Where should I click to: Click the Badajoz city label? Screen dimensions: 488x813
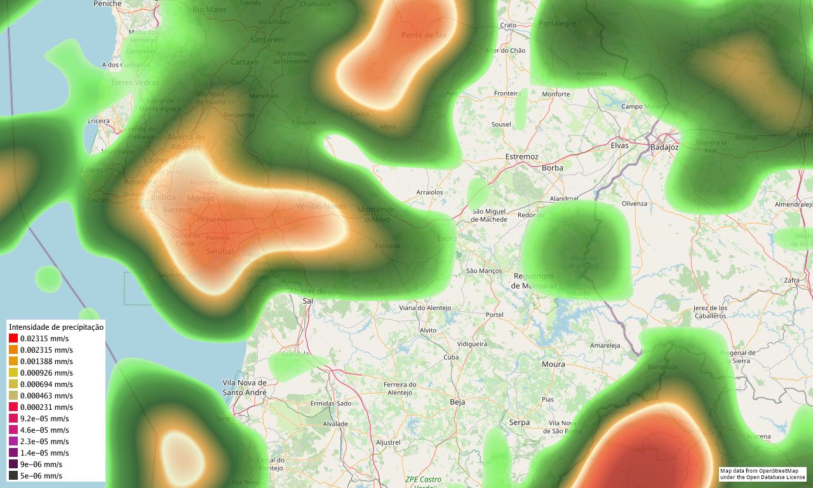click(664, 147)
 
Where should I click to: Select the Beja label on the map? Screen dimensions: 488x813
click(457, 402)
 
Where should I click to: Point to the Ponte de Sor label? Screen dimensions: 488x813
click(424, 35)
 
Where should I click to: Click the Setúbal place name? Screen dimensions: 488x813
click(220, 252)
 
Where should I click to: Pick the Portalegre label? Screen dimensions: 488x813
click(557, 24)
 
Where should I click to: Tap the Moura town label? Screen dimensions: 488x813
click(553, 364)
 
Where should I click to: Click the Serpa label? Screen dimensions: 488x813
click(519, 423)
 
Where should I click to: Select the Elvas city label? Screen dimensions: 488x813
click(619, 145)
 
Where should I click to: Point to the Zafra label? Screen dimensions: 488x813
click(792, 280)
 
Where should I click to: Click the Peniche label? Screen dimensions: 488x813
click(107, 4)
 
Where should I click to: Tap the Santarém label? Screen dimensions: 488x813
click(268, 39)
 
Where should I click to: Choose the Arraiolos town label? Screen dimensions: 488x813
click(429, 192)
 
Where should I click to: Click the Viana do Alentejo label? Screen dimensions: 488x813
click(425, 308)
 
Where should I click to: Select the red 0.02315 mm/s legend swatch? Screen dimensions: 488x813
click(13, 339)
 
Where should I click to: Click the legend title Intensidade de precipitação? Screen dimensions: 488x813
click(56, 327)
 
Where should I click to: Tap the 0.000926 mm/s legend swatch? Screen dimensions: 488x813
click(13, 373)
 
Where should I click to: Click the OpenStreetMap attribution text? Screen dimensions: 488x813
click(762, 474)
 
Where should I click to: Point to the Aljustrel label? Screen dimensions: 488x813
click(388, 442)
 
